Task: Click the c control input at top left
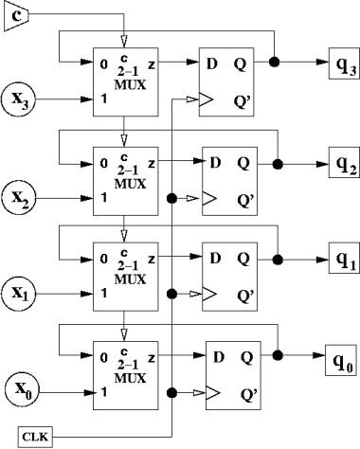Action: (16, 15)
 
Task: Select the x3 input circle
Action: (18, 99)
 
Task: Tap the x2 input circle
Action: (18, 199)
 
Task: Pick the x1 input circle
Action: (18, 294)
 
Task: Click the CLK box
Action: (35, 438)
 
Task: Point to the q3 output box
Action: (344, 63)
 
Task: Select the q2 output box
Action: (344, 162)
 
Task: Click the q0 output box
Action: (342, 360)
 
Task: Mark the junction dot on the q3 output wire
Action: (274, 63)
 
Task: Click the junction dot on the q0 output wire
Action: (278, 355)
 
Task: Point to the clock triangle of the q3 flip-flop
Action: (206, 99)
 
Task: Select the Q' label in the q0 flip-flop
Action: (249, 394)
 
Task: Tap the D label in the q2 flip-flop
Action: (215, 163)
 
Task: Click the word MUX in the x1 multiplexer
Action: (130, 279)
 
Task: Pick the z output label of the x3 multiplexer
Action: (152, 65)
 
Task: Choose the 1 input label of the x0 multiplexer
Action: (104, 392)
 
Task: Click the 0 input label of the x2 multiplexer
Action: (104, 163)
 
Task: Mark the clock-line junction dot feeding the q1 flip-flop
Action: (171, 294)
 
